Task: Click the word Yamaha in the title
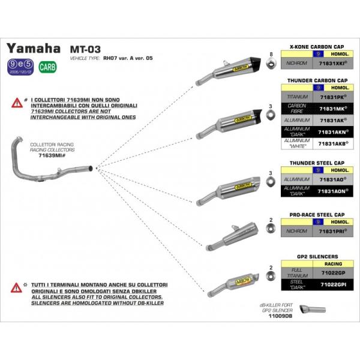(x=32, y=49)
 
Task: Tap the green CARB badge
(x=47, y=67)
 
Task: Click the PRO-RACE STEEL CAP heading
(x=317, y=214)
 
